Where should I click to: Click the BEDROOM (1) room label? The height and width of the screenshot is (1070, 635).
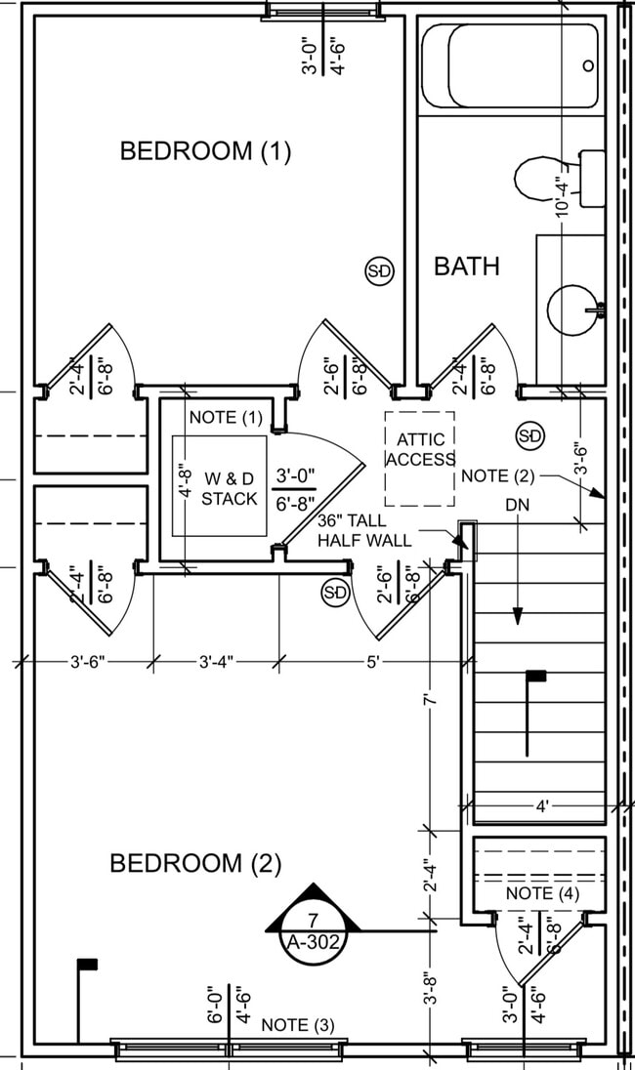click(205, 151)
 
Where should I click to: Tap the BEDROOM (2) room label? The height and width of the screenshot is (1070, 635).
click(195, 864)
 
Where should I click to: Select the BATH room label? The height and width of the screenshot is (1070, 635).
click(467, 267)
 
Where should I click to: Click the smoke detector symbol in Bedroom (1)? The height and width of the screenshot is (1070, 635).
click(379, 271)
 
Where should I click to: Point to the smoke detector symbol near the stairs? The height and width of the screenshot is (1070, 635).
click(529, 435)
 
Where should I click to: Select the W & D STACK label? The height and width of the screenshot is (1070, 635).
click(231, 488)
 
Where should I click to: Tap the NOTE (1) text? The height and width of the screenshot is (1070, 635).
click(227, 417)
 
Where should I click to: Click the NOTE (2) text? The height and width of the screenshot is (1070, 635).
click(498, 475)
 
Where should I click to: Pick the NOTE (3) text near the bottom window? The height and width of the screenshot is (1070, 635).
click(298, 1025)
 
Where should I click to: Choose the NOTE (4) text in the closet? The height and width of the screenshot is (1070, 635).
click(543, 893)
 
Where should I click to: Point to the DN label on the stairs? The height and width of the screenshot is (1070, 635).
click(518, 507)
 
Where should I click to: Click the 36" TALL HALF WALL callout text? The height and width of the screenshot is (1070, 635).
click(363, 530)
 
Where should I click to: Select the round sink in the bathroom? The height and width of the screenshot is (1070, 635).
click(575, 309)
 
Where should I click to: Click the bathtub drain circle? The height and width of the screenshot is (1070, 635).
click(588, 65)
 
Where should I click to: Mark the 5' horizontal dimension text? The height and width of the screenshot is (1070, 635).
click(373, 662)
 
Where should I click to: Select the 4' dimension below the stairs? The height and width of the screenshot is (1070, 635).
click(542, 806)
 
